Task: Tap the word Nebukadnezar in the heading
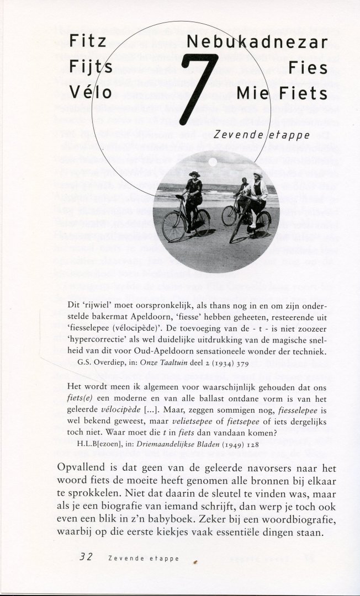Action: click(x=257, y=42)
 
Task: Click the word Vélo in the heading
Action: click(x=91, y=92)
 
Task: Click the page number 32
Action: click(x=86, y=557)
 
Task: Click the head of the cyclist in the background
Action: click(x=244, y=181)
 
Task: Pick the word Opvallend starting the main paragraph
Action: click(x=83, y=467)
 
